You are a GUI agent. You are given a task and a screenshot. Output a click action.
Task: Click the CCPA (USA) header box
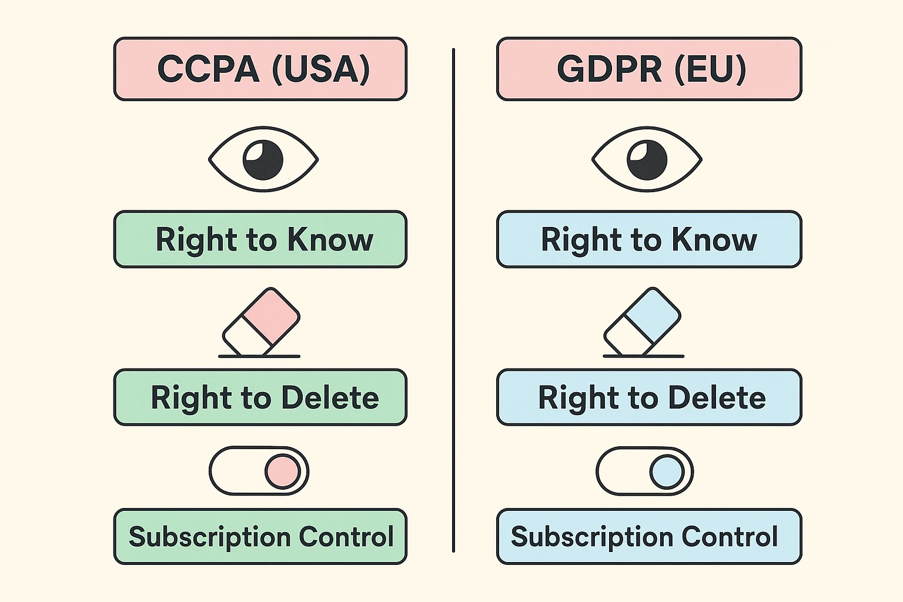(260, 69)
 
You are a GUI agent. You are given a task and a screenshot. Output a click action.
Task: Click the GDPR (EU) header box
(649, 69)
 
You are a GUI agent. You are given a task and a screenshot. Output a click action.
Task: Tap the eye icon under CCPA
(263, 159)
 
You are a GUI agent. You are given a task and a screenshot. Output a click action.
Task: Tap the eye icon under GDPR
(647, 159)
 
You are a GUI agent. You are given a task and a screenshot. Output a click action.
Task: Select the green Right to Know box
(260, 239)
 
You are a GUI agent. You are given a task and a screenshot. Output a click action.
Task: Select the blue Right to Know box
(649, 239)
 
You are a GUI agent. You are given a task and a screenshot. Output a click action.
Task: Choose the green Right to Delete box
(260, 397)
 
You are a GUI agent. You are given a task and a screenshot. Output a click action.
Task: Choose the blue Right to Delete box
(649, 397)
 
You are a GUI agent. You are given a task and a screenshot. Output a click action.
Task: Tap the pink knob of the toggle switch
(282, 471)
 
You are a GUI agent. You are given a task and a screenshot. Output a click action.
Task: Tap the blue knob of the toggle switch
(667, 471)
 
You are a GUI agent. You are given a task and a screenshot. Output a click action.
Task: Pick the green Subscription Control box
(260, 537)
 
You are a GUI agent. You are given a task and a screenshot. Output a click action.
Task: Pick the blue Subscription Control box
(649, 537)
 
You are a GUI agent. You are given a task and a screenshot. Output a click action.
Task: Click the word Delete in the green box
(330, 398)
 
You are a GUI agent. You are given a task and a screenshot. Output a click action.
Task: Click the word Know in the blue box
(714, 240)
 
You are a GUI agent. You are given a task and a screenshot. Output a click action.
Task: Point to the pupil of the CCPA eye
(263, 160)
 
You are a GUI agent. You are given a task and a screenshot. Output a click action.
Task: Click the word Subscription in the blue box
(591, 537)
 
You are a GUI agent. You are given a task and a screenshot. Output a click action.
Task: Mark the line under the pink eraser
(259, 356)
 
